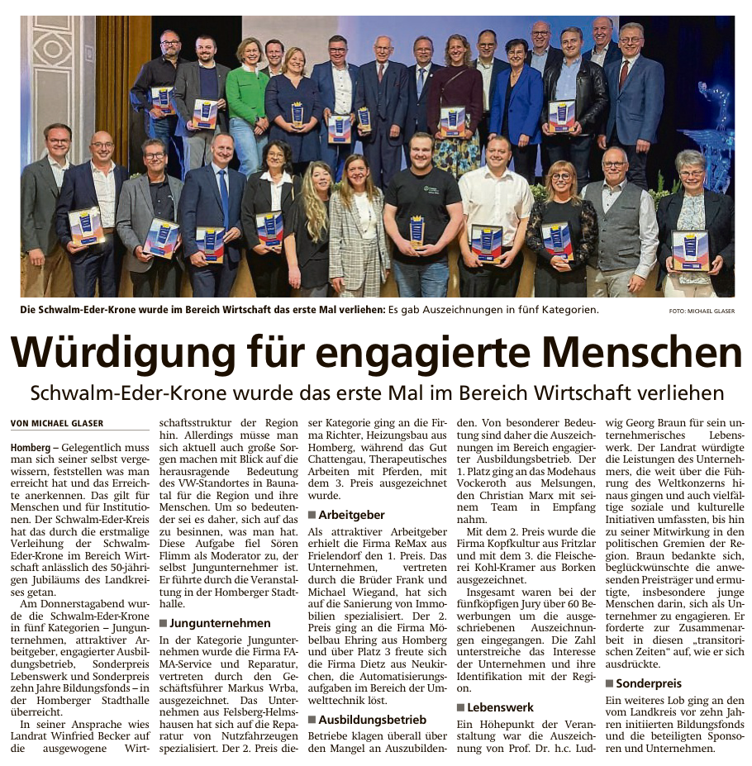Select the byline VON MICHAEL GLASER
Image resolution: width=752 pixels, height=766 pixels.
pyautogui.click(x=57, y=423)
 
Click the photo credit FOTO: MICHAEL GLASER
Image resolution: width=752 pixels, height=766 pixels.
pyautogui.click(x=701, y=311)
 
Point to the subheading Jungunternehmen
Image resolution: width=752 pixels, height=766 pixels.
pyautogui.click(x=219, y=622)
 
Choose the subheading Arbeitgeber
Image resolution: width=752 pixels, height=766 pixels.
pyautogui.click(x=351, y=514)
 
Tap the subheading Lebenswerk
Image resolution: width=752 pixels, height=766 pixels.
pyautogui.click(x=500, y=707)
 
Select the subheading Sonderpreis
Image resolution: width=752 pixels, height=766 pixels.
pyautogui.click(x=649, y=683)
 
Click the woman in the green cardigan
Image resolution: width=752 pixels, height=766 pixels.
pyautogui.click(x=248, y=91)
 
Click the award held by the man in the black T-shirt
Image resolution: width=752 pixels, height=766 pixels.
pyautogui.click(x=417, y=231)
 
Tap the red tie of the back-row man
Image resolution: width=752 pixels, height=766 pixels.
pyautogui.click(x=625, y=74)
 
